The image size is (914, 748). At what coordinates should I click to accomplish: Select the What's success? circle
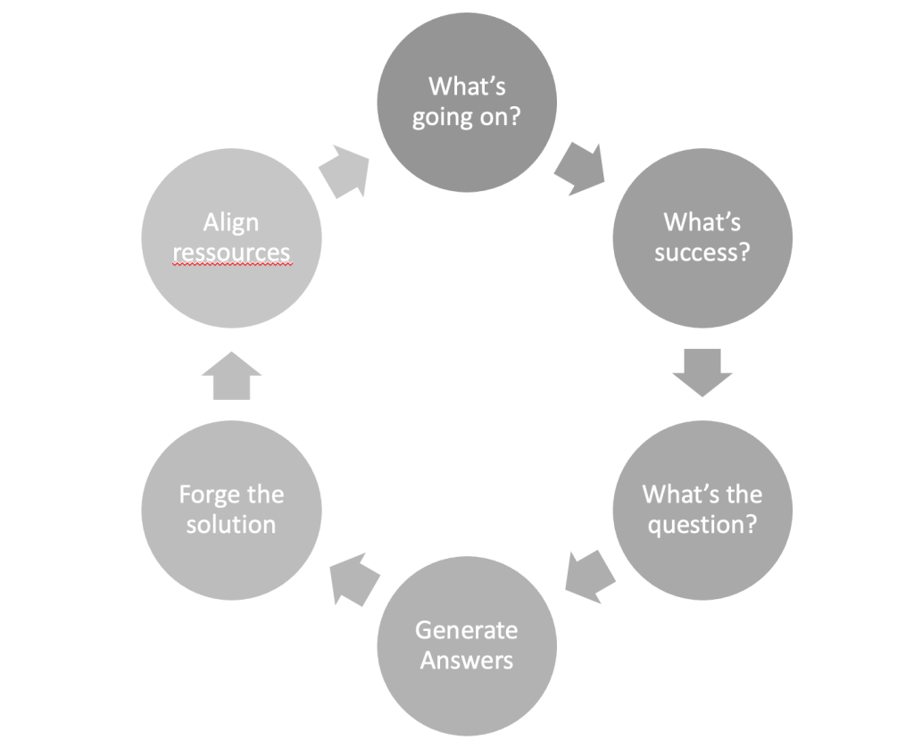[x=702, y=237]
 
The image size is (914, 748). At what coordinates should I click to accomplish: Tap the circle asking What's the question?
[x=702, y=510]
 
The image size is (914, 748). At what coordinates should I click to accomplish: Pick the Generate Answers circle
[x=467, y=645]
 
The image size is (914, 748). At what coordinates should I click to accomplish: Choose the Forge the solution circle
[x=231, y=510]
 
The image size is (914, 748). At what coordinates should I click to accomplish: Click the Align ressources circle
[x=231, y=237]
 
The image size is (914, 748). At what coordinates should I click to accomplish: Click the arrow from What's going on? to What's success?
[x=578, y=170]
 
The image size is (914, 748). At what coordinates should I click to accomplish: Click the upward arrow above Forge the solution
[x=231, y=375]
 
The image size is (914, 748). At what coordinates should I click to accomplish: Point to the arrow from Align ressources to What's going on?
[x=345, y=171]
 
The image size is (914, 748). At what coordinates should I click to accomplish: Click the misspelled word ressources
[x=231, y=253]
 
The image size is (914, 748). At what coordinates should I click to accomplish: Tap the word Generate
[x=466, y=630]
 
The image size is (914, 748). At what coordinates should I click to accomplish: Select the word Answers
[x=467, y=661]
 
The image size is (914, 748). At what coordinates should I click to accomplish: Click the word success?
[x=702, y=253]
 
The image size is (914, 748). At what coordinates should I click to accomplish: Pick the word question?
[x=702, y=525]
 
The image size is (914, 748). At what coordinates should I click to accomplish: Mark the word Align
[x=230, y=222]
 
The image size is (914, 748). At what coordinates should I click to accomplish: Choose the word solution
[x=231, y=525]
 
